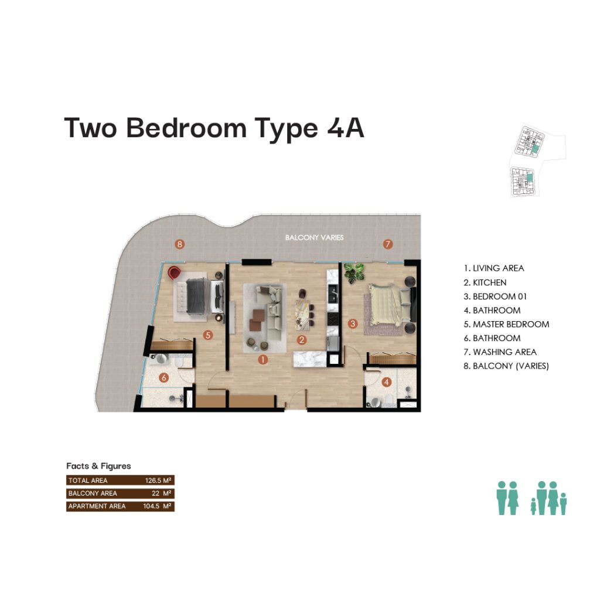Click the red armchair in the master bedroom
(175, 272)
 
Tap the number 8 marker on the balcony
(179, 244)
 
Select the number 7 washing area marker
(388, 244)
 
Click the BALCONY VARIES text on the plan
(314, 237)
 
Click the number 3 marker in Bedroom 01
(352, 323)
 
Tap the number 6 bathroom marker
(164, 378)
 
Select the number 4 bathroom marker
(387, 381)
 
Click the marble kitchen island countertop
(310, 359)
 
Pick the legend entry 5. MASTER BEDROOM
(506, 324)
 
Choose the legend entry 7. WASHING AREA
(500, 352)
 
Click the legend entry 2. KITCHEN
(485, 282)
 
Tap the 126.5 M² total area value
(158, 480)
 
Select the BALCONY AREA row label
(93, 493)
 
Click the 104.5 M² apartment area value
(157, 506)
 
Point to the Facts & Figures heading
(98, 466)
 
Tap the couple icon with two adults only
(507, 498)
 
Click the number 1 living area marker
(262, 359)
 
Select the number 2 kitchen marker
(302, 339)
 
